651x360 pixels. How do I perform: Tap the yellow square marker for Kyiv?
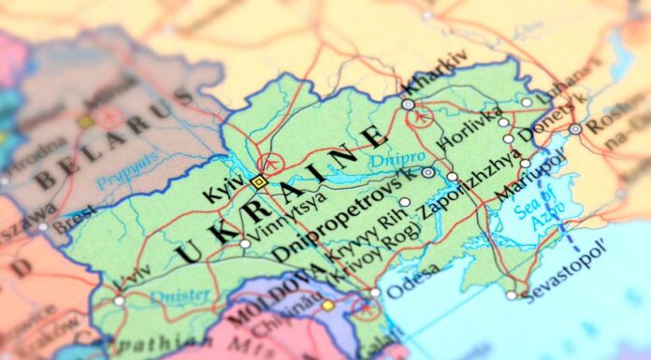coord(258,181)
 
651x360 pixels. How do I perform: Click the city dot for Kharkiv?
coord(408,105)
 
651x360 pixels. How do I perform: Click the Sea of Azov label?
coord(545,207)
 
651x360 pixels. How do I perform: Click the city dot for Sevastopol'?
coord(512,295)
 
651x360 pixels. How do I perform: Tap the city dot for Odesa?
coord(375,293)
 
